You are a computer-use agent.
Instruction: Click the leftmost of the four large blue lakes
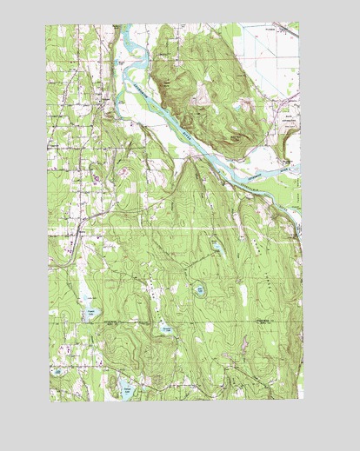pos(90,312)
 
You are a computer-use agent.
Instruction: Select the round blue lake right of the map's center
pos(200,290)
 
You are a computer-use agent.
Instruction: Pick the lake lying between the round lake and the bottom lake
pos(164,329)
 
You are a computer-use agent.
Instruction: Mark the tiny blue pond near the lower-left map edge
pos(57,372)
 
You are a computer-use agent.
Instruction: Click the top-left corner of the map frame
pos(47,24)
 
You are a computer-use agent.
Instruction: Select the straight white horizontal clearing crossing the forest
pos(174,228)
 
